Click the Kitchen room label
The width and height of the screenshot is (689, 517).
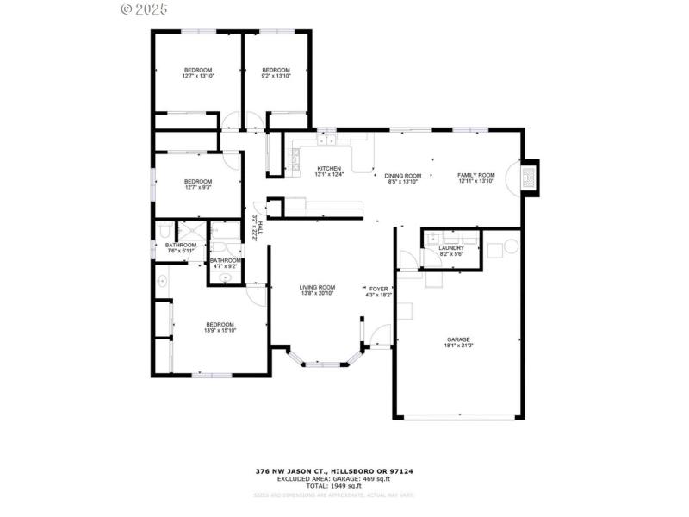(x=329, y=168)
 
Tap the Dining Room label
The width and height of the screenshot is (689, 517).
(x=401, y=175)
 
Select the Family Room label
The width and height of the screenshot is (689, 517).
(x=475, y=175)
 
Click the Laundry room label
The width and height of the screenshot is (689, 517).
(x=451, y=248)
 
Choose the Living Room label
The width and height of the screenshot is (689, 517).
(x=317, y=287)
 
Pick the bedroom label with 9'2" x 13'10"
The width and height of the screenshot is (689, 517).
(x=276, y=70)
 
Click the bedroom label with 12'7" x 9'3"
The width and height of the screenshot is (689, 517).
(x=197, y=181)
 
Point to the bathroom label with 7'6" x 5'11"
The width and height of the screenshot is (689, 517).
(x=181, y=246)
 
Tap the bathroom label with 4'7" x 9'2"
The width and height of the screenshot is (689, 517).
(x=226, y=260)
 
